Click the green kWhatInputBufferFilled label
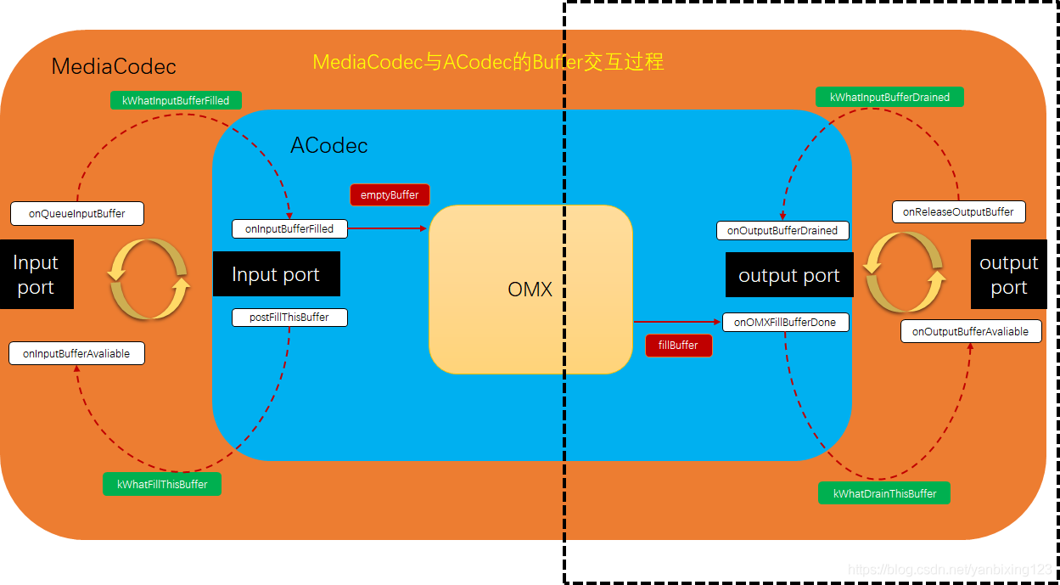pyautogui.click(x=176, y=100)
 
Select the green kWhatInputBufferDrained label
pyautogui.click(x=889, y=97)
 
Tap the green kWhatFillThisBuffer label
pyautogui.click(x=162, y=484)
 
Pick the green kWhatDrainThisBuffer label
pyautogui.click(x=884, y=493)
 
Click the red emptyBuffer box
pyautogui.click(x=390, y=194)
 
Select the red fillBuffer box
pyautogui.click(x=678, y=346)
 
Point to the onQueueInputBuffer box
pyautogui.click(x=76, y=213)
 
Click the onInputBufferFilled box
pyautogui.click(x=289, y=228)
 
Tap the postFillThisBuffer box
pyautogui.click(x=289, y=318)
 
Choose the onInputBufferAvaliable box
pyautogui.click(x=76, y=353)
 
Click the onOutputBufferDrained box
pyautogui.click(x=782, y=230)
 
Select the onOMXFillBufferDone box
pyautogui.click(x=786, y=322)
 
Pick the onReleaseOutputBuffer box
pyautogui.click(x=958, y=211)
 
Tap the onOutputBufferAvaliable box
pyautogui.click(x=970, y=331)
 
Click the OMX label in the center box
pyautogui.click(x=530, y=290)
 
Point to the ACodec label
pyautogui.click(x=329, y=145)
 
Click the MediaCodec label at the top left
pyautogui.click(x=114, y=66)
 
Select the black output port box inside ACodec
pyautogui.click(x=788, y=275)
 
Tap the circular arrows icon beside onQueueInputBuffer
pyautogui.click(x=149, y=278)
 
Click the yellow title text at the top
pyautogui.click(x=488, y=62)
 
